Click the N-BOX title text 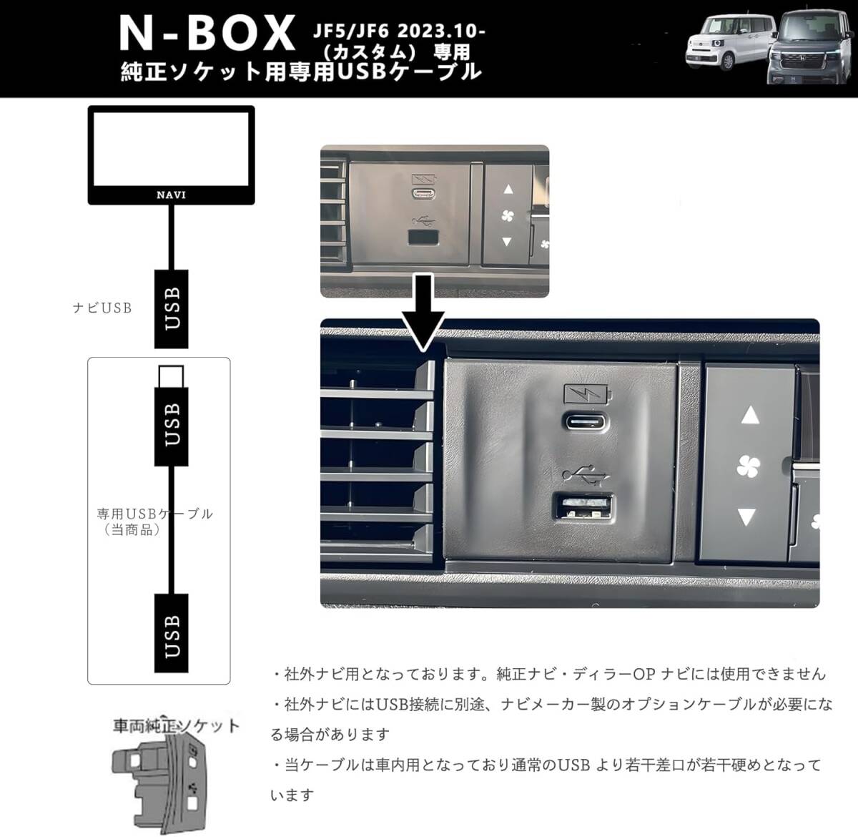(x=207, y=33)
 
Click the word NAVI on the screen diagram (x=171, y=195)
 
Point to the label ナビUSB (x=102, y=308)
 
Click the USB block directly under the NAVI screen (x=172, y=308)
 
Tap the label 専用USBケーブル (x=154, y=514)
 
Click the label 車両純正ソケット (x=176, y=727)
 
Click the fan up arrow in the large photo (x=749, y=415)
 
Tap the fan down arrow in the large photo (x=746, y=517)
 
